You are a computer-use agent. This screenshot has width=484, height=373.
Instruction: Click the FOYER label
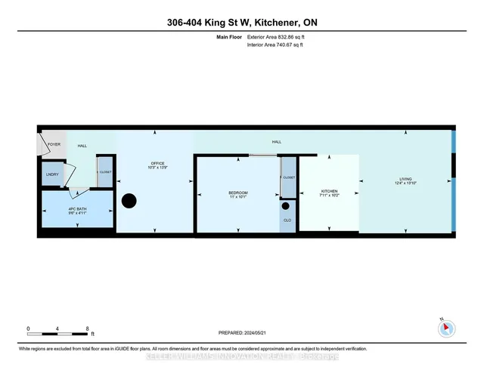[54, 143]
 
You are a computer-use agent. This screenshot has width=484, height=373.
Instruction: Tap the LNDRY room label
[53, 174]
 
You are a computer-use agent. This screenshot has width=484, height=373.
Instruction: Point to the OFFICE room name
[157, 162]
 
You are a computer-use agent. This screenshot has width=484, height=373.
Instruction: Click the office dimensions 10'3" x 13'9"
[157, 168]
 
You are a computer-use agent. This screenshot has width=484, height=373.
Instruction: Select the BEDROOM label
[238, 193]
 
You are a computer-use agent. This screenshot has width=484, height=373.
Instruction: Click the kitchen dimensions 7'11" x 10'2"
[329, 196]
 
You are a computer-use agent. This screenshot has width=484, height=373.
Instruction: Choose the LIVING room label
[406, 180]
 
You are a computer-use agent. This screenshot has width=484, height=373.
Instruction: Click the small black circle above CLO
[287, 205]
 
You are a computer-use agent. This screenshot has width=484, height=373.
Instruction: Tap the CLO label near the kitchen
[287, 220]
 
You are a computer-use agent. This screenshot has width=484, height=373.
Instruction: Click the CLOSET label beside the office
[104, 172]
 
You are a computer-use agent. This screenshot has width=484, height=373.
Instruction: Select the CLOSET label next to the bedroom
[290, 177]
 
